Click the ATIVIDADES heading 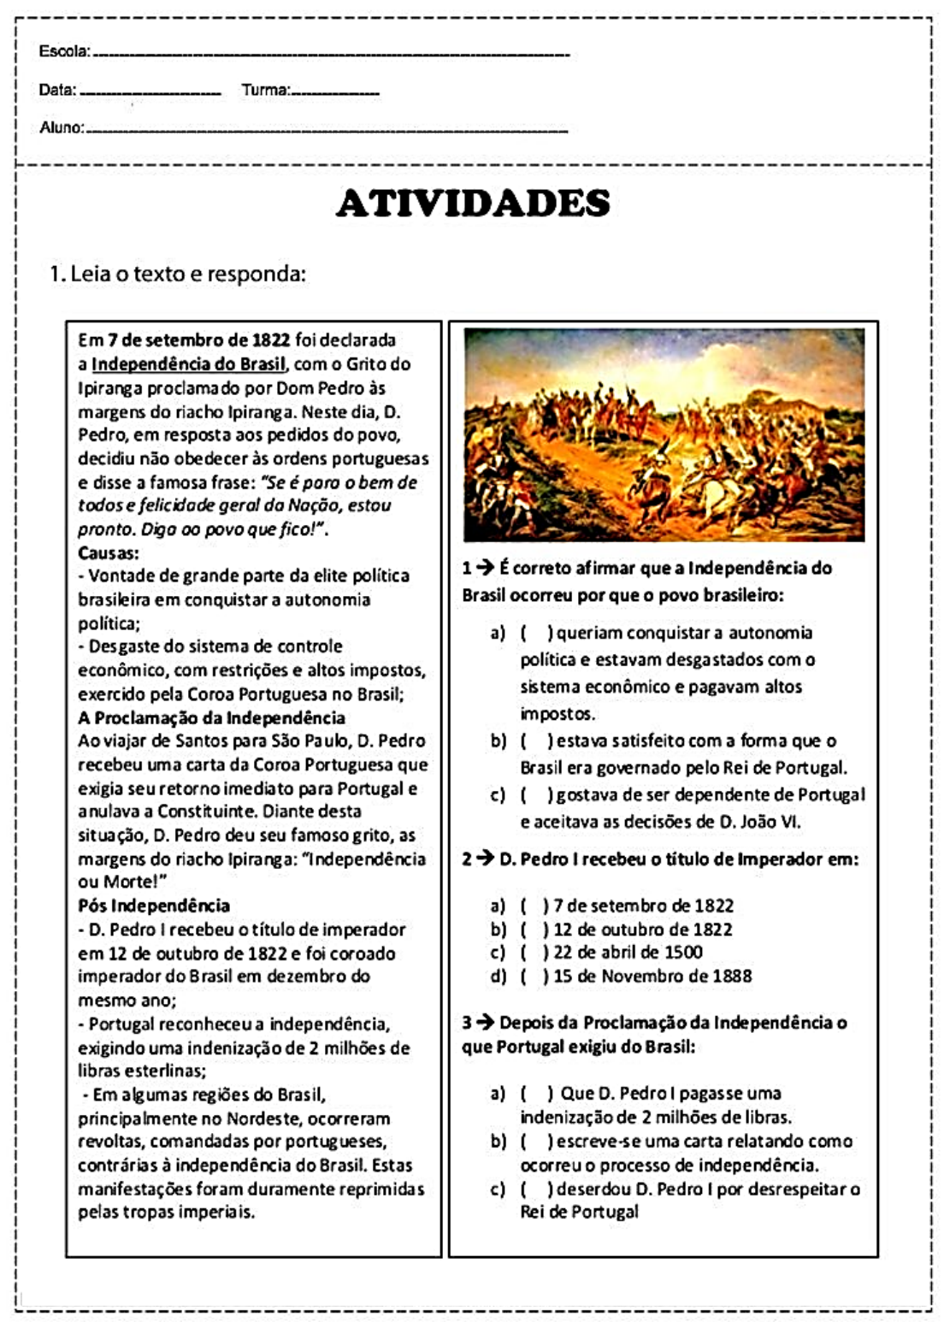click(473, 204)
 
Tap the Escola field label click(63, 51)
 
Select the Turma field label click(265, 90)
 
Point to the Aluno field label click(62, 127)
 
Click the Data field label click(57, 90)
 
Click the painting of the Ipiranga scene click(664, 434)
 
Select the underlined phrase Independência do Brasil click(188, 364)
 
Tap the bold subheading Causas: click(109, 552)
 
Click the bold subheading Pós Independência click(154, 906)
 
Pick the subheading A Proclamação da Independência click(211, 717)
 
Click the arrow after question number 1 click(485, 568)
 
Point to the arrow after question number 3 click(485, 1023)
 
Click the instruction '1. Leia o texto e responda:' click(177, 274)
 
